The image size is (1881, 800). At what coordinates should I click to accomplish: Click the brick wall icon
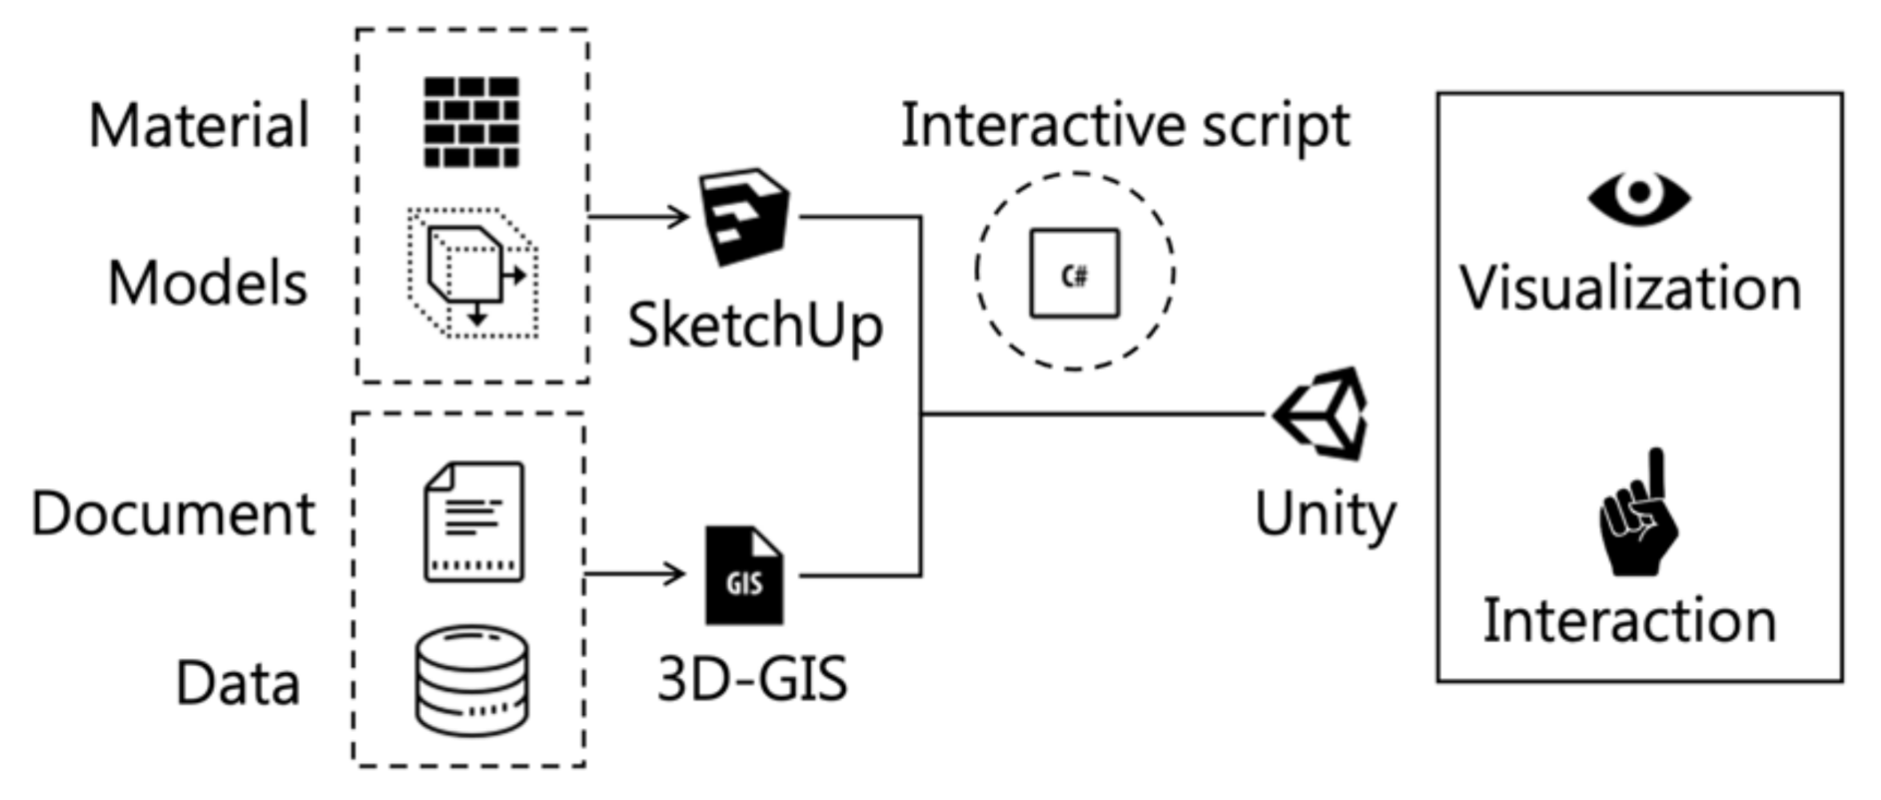point(471,122)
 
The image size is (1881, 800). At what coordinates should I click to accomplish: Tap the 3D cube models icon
point(472,272)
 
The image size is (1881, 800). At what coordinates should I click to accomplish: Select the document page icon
point(473,520)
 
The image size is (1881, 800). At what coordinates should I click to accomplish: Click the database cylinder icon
point(471,680)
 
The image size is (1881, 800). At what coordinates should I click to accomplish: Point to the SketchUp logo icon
point(744,216)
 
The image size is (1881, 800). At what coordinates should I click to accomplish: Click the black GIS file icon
point(744,575)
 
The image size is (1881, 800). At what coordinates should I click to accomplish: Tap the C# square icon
point(1074,273)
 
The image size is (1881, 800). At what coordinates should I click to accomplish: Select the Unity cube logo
point(1322,414)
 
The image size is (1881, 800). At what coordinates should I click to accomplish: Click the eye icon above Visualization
point(1638,197)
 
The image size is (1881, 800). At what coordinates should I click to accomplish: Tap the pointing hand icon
point(1638,515)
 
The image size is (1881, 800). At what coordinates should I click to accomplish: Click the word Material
point(199,126)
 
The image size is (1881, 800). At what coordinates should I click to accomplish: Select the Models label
point(207,284)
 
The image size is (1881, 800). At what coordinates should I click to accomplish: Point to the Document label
point(173,513)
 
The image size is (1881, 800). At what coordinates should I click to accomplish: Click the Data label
point(238,683)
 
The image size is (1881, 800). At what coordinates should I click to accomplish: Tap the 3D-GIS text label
point(752,679)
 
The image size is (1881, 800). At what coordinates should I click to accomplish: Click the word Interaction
point(1629,620)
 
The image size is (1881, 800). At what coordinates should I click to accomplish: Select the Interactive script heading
point(1125,126)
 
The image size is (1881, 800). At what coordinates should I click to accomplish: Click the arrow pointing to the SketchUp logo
point(639,216)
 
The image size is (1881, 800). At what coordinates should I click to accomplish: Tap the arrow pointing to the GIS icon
point(635,574)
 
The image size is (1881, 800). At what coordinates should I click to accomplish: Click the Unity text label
point(1325,515)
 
